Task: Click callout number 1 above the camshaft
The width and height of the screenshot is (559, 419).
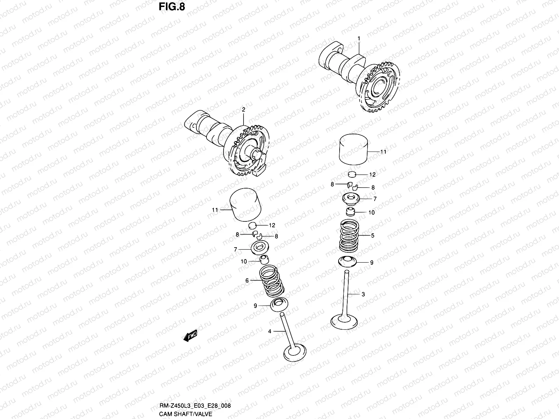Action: click(x=358, y=38)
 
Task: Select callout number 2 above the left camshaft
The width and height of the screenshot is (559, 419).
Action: click(x=244, y=109)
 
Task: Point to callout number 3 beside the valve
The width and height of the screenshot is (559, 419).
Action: click(x=363, y=294)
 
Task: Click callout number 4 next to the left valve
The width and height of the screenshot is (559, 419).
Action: click(x=270, y=331)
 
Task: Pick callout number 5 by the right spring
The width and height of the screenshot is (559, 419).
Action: click(x=372, y=236)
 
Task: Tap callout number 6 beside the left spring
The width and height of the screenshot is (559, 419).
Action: click(x=247, y=280)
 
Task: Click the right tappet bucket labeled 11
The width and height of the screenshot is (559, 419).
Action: click(x=355, y=149)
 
